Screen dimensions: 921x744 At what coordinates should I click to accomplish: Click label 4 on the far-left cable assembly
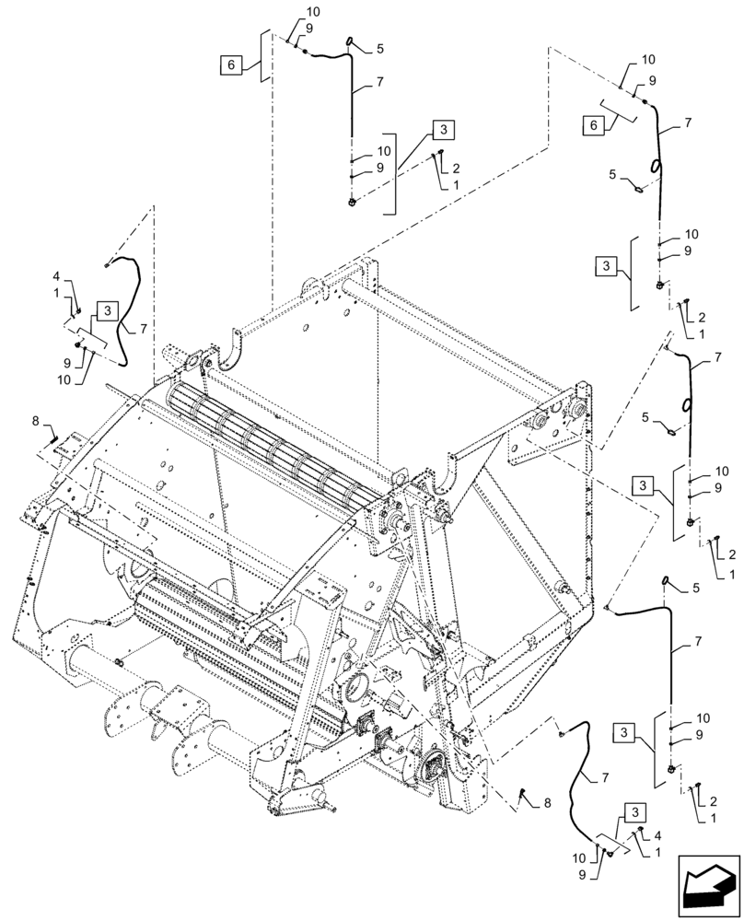(56, 276)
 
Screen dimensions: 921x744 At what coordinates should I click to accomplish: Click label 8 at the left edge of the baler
(36, 422)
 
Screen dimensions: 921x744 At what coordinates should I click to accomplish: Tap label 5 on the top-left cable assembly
(379, 49)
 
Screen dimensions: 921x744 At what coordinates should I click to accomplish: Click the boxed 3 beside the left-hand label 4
(106, 310)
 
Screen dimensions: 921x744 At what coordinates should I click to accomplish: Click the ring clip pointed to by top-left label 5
(351, 40)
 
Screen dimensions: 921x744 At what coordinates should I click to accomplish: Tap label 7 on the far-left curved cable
(143, 327)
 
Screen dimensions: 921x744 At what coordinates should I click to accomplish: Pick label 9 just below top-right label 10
(651, 81)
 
